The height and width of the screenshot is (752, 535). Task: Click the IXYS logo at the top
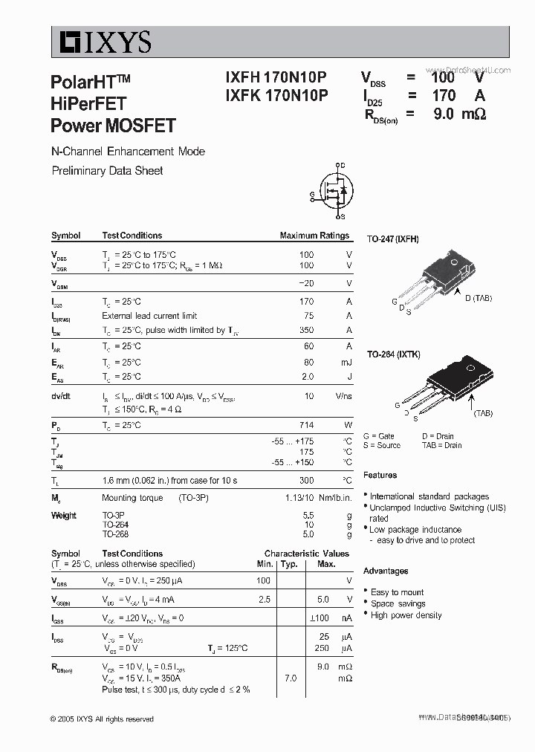tap(102, 42)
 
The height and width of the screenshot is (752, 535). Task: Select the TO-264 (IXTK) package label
tap(393, 354)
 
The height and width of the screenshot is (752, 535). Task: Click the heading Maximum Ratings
tap(314, 236)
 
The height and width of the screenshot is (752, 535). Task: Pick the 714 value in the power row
tap(306, 425)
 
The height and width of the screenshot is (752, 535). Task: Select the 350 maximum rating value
tap(306, 330)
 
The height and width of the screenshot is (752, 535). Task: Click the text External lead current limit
tap(149, 316)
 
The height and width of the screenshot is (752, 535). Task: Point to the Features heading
tap(380, 475)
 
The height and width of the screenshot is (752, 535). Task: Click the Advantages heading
tap(386, 571)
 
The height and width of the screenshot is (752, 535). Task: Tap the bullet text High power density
tap(406, 615)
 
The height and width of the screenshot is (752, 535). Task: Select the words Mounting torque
tap(129, 498)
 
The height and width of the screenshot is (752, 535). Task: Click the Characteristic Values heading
tap(306, 554)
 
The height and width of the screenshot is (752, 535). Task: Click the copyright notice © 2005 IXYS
tap(102, 719)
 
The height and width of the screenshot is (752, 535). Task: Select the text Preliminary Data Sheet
tap(107, 170)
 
